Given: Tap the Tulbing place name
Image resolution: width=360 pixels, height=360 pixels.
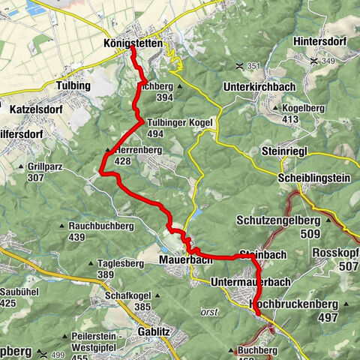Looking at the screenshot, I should [73, 86].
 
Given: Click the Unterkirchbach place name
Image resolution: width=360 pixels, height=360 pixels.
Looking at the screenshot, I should [258, 87].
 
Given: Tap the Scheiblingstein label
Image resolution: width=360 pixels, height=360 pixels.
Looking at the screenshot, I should [313, 178].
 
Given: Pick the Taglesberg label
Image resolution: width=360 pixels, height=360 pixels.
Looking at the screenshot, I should [121, 264].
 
